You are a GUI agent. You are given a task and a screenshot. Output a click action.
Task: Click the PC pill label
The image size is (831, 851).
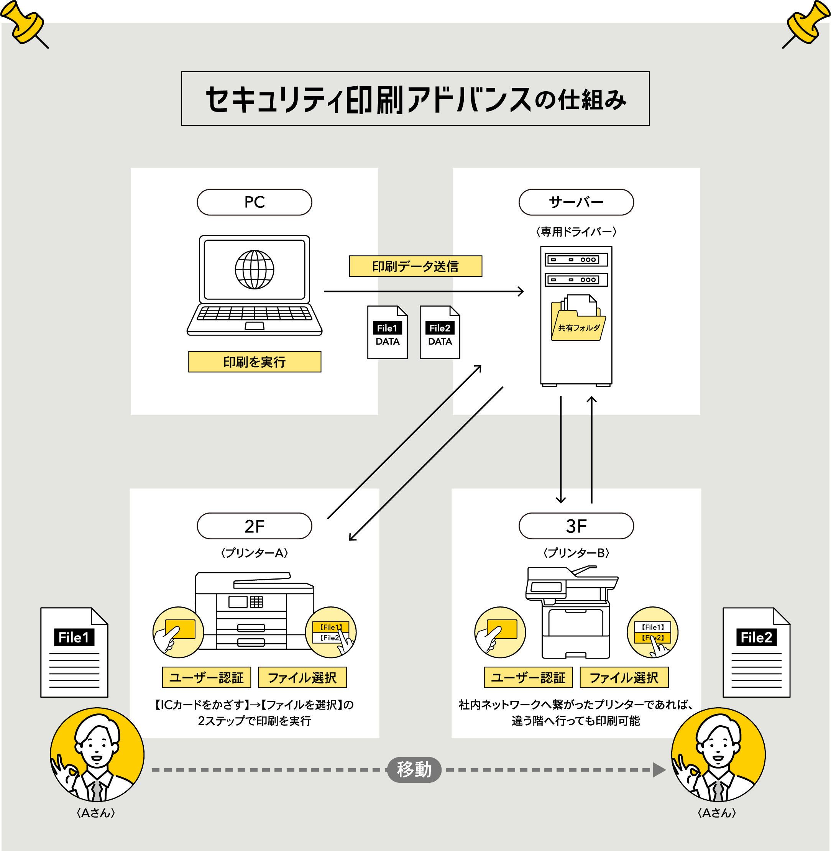click(255, 202)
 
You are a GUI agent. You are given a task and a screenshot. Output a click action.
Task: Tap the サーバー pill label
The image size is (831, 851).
click(576, 202)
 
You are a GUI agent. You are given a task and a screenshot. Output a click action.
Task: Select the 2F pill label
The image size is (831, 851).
click(255, 526)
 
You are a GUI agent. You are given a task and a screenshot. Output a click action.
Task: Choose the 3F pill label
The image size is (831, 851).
click(576, 526)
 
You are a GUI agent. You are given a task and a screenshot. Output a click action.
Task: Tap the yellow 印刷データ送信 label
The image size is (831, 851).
click(415, 266)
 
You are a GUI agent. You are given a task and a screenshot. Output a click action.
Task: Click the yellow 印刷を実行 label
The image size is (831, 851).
click(255, 362)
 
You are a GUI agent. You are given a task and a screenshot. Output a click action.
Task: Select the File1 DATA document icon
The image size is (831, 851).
click(387, 333)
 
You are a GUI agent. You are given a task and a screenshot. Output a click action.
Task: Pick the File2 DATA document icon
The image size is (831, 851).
click(440, 333)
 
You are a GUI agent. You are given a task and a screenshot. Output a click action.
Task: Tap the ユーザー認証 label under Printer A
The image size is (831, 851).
click(207, 677)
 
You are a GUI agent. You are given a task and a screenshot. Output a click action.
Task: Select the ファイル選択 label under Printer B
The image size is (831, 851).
click(624, 677)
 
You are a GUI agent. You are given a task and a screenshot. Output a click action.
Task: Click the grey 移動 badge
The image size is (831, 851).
click(414, 769)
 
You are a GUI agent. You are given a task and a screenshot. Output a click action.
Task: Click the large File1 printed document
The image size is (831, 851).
click(74, 652)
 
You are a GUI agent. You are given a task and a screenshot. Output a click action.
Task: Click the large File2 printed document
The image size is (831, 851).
click(756, 652)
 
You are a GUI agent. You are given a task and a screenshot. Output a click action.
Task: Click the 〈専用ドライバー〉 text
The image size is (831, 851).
click(576, 232)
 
